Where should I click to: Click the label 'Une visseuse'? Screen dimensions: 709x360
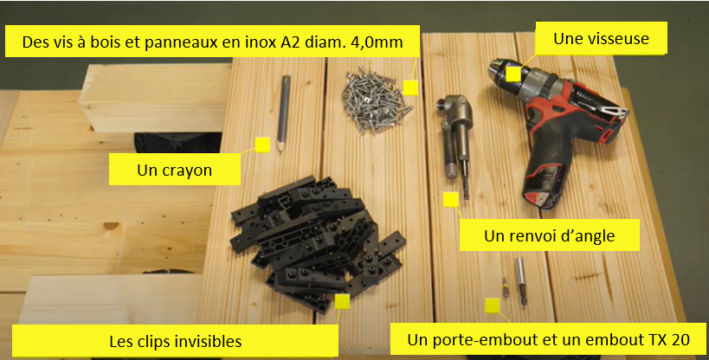point(601,38)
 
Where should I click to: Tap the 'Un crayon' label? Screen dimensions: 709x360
point(175,170)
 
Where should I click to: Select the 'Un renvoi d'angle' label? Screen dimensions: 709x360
point(550,235)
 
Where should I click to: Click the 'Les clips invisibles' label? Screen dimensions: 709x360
point(175,341)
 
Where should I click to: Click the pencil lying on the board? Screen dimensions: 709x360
point(283,114)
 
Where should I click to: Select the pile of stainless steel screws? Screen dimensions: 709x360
point(376,100)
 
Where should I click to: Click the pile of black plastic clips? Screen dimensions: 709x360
point(317,242)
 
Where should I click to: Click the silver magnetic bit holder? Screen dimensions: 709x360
point(521,281)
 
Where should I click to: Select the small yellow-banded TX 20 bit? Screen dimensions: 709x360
point(506,287)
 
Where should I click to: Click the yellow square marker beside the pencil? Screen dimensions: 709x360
point(262,145)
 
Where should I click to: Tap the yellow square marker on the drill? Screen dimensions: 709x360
point(513,74)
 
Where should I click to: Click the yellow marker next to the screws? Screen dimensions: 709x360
point(410,87)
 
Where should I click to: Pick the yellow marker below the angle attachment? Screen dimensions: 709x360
point(451,199)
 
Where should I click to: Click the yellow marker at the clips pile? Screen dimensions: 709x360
point(342,302)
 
